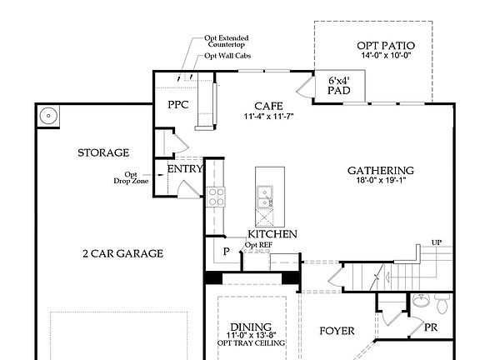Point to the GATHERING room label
pos(381,171)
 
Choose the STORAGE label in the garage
pos(102,152)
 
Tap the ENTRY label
pos(185,169)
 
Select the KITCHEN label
pos(272,236)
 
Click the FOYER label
pos(337,331)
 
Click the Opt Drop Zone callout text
pos(137,177)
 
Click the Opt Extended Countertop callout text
pos(227,42)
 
